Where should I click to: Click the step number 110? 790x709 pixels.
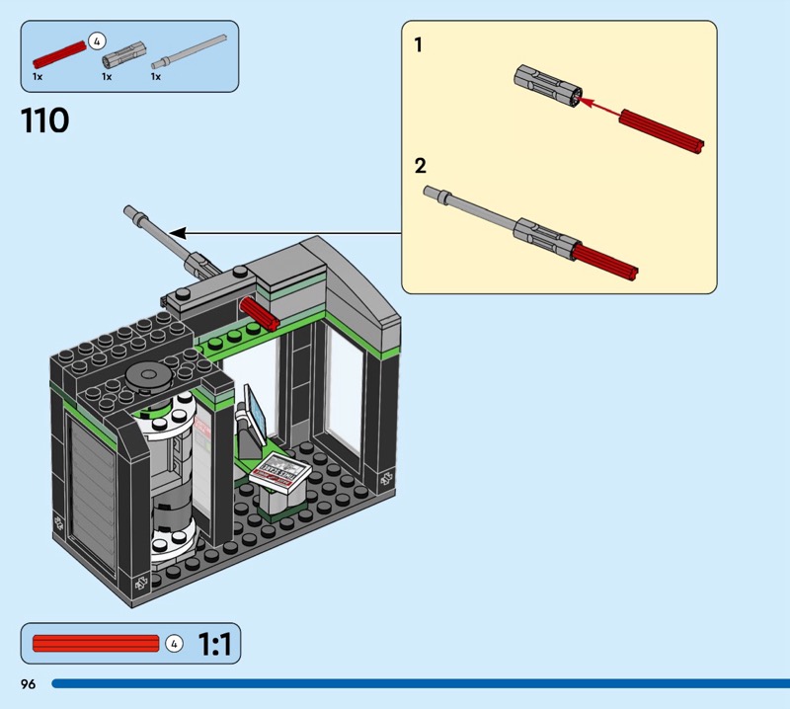tap(45, 121)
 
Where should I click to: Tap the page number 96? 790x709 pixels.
tap(27, 684)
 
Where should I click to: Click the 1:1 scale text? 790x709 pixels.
tap(214, 645)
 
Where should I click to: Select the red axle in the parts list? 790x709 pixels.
tap(58, 50)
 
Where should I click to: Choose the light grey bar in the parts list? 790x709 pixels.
tap(189, 48)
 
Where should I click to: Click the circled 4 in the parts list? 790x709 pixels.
tap(97, 40)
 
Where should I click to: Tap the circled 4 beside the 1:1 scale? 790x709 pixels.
tap(174, 645)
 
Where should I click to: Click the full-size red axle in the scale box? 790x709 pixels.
tap(95, 645)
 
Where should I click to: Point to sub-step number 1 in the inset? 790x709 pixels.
tap(419, 44)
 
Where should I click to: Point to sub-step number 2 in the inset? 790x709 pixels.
tap(421, 166)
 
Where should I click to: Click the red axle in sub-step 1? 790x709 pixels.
tap(661, 132)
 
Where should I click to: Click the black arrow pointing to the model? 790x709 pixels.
tap(286, 233)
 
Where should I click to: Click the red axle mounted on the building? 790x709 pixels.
tap(260, 314)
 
